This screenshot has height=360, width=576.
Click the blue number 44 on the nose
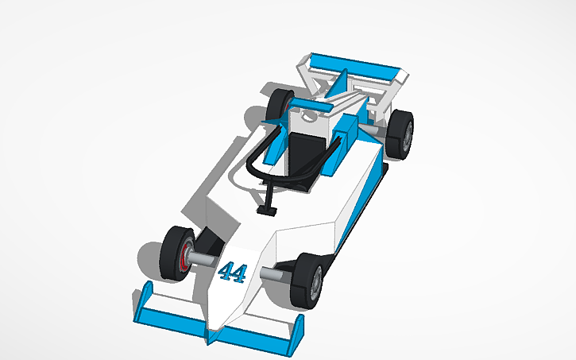coord(231,273)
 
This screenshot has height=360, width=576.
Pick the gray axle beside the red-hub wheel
coord(203,260)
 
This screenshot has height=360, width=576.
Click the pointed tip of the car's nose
coord(213,330)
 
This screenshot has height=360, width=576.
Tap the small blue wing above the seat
coord(313,103)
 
